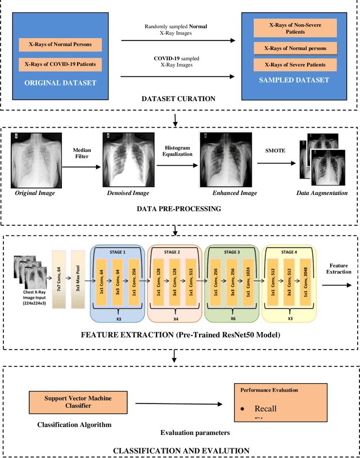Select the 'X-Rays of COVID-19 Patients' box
[60, 64]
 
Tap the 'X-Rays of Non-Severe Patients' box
[295, 28]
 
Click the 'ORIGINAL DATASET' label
[60, 83]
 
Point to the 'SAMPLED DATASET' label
[294, 80]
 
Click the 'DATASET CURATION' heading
[178, 98]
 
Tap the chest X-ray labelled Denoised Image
[128, 160]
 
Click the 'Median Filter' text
[82, 153]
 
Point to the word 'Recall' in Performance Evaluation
[265, 409]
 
